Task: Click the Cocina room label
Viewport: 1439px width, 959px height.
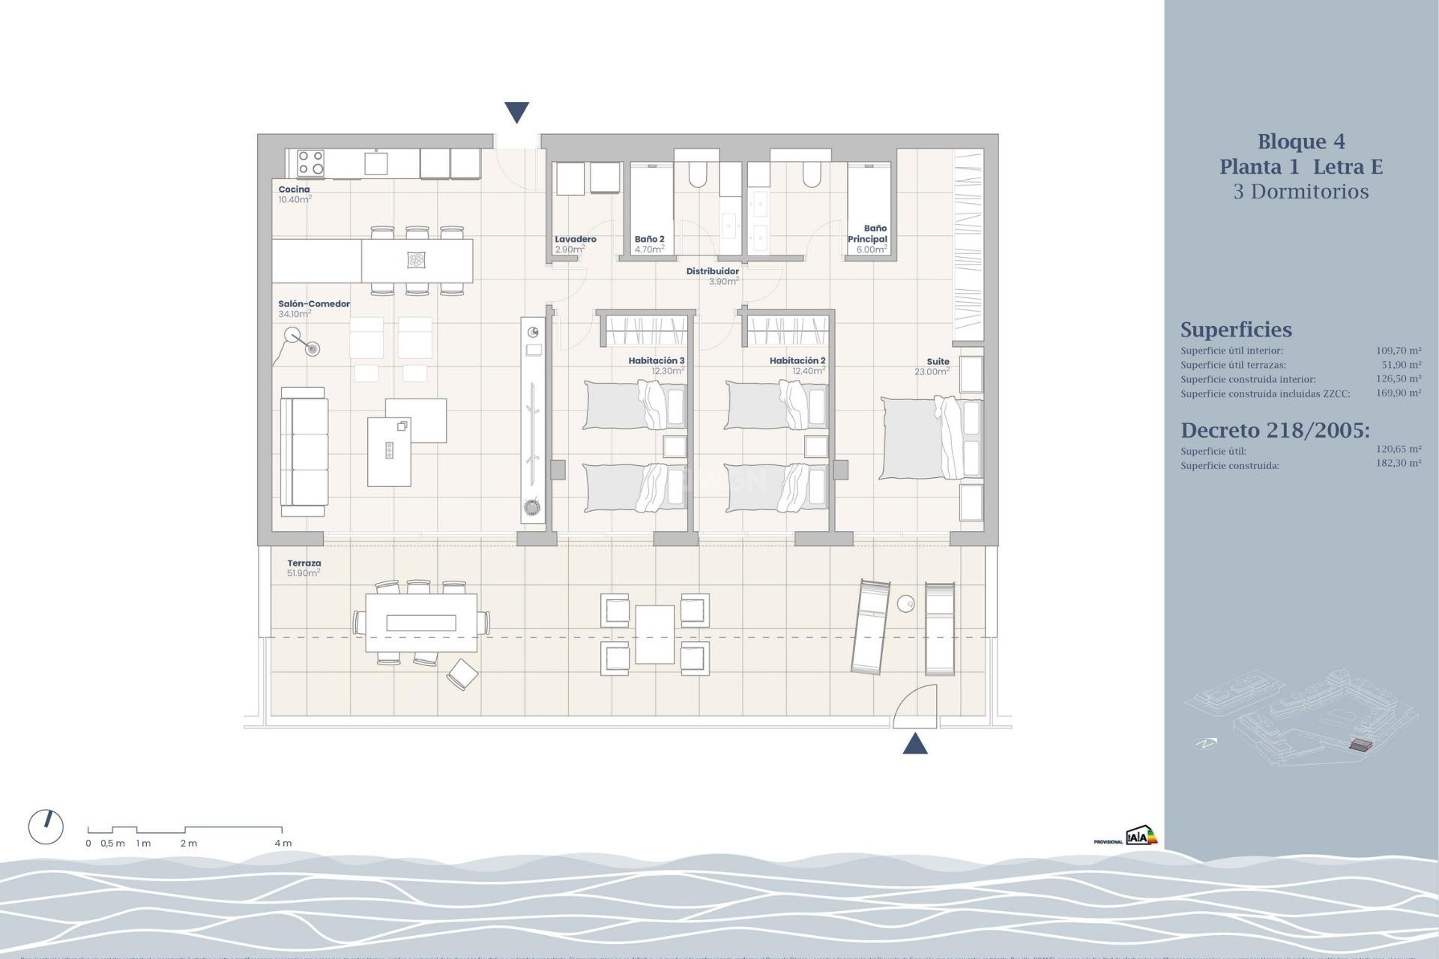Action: point(294,190)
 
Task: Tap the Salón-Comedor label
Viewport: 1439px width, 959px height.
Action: point(314,304)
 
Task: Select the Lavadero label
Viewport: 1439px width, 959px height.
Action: point(576,240)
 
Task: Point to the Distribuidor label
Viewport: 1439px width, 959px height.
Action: point(712,271)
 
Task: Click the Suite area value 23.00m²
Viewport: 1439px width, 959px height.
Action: point(932,372)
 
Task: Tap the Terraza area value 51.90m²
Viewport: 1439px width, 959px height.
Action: point(303,573)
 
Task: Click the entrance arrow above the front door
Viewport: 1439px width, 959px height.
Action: point(516,112)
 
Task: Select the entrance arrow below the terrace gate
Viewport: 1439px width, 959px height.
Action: point(915,744)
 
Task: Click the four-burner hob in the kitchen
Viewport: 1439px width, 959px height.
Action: point(310,163)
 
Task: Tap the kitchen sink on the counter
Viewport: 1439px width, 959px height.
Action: point(375,163)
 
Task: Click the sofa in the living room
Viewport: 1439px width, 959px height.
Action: point(304,452)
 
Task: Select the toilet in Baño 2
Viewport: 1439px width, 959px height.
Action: point(697,175)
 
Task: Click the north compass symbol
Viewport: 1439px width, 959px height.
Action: point(46,827)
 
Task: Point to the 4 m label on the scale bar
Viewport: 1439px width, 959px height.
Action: point(283,844)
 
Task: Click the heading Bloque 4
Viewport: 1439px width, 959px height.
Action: point(1300,142)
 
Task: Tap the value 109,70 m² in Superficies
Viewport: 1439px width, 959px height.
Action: point(1398,351)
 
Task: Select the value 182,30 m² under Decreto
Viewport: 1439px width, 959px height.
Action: point(1398,464)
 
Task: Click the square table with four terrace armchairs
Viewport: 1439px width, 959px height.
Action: point(654,635)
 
